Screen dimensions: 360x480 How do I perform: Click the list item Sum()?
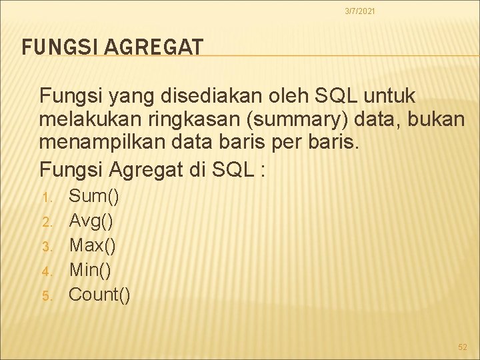[94, 196]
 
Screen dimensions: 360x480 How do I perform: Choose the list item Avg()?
[91, 221]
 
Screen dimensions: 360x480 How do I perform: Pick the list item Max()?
[93, 245]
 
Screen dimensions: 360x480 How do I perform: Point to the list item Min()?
[91, 270]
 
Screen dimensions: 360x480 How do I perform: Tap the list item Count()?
[100, 295]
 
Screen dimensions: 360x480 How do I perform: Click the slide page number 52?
[463, 347]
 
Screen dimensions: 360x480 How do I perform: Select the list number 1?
[46, 198]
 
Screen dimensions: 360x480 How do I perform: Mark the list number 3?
[46, 247]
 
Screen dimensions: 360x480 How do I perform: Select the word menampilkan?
[97, 143]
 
